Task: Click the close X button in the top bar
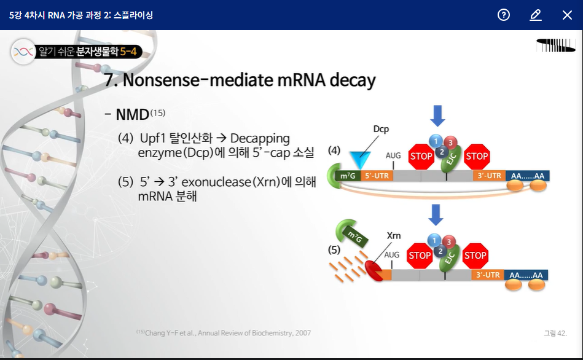click(567, 15)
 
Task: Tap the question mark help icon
click(504, 15)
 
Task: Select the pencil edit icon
click(535, 15)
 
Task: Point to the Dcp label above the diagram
click(381, 129)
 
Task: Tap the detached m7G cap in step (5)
click(352, 235)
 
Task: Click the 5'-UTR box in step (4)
click(376, 176)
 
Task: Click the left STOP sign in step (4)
click(421, 156)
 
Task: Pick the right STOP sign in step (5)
click(475, 256)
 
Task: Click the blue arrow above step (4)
click(437, 115)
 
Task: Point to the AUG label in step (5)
click(391, 254)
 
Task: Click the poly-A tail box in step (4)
click(528, 176)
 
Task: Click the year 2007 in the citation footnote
click(302, 333)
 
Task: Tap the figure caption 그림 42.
click(555, 333)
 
